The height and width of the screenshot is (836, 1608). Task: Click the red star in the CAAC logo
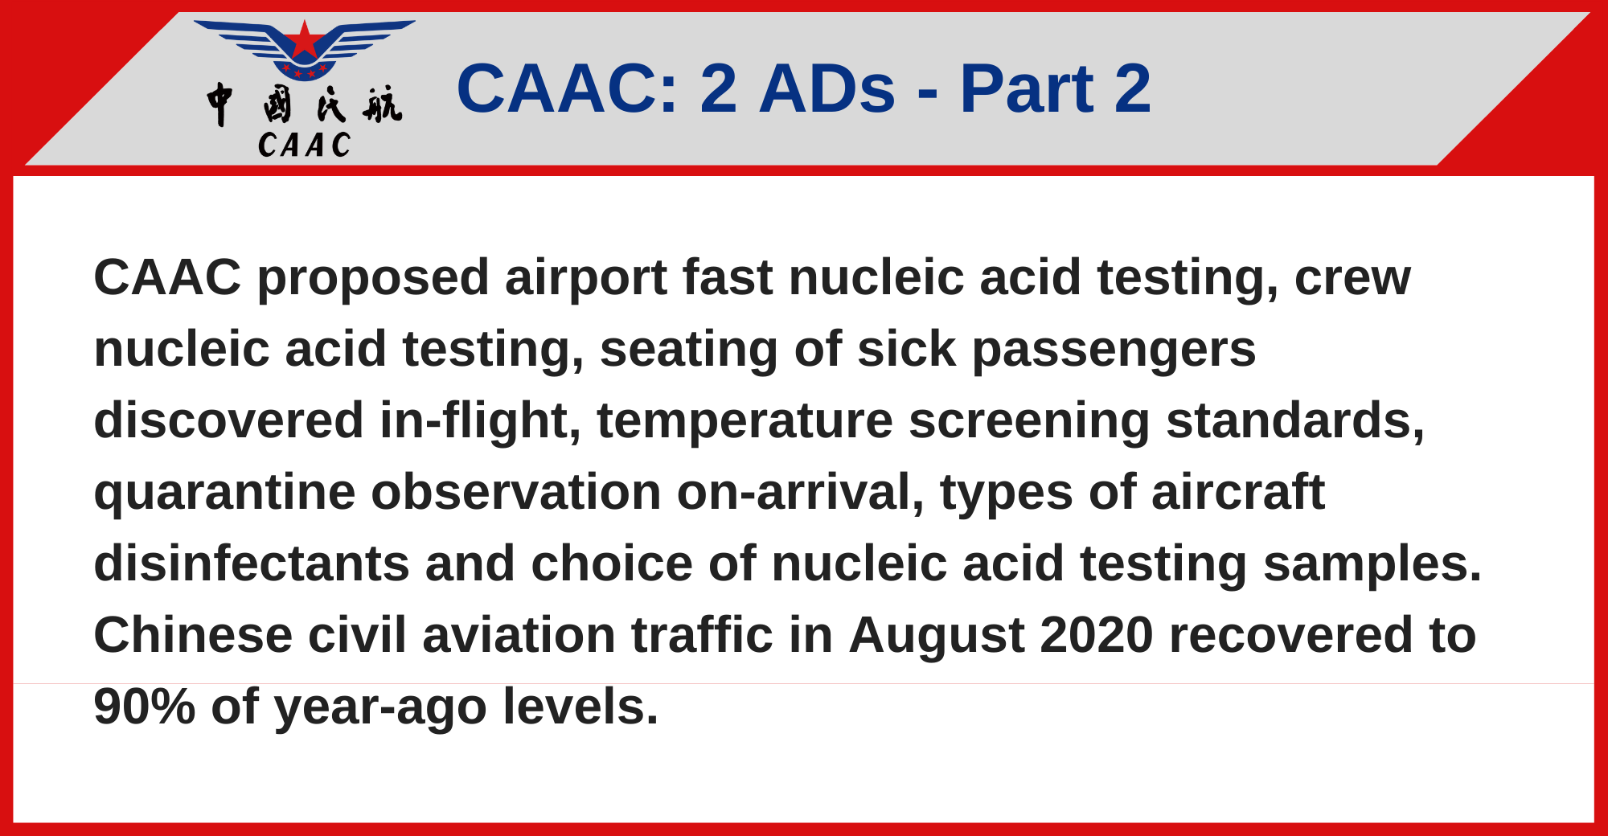(304, 40)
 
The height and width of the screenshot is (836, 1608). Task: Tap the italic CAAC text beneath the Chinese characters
(305, 145)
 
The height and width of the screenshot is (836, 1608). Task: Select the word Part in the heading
(1026, 88)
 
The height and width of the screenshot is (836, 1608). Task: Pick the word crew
(1352, 278)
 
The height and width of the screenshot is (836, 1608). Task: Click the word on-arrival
(801, 492)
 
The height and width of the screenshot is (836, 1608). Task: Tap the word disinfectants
(252, 563)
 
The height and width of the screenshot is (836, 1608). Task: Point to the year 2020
(1097, 635)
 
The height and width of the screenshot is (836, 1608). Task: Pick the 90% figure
(145, 707)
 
